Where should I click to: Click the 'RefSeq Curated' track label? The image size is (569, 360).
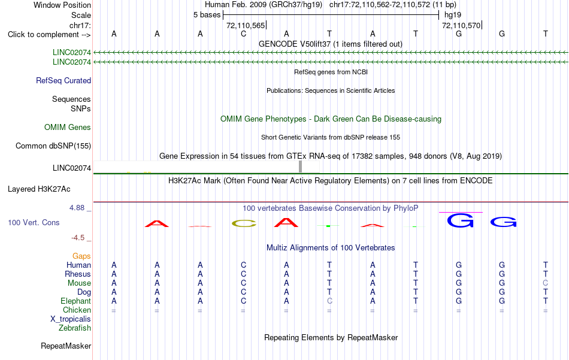(63, 80)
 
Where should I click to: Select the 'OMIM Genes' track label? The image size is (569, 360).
(68, 128)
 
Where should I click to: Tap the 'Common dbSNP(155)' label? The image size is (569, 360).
(53, 146)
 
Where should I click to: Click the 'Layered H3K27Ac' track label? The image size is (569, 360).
(39, 189)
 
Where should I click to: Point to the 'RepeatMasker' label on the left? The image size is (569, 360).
(66, 346)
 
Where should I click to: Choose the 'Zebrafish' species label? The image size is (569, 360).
(75, 328)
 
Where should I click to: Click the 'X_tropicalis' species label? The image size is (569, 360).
(71, 319)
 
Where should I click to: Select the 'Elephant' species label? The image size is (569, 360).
(76, 301)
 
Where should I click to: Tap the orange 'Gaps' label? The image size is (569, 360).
(81, 256)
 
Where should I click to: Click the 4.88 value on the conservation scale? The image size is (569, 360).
(77, 208)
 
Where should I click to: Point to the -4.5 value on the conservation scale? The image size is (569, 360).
(78, 238)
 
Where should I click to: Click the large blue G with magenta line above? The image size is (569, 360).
(460, 220)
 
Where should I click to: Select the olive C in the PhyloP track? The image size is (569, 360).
(244, 223)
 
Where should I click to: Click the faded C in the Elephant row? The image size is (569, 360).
(329, 301)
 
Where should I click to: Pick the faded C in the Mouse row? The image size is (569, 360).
(546, 283)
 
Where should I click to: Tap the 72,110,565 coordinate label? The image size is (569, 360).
(246, 25)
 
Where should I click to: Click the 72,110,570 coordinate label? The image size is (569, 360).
(461, 25)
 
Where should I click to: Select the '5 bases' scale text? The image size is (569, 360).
(207, 15)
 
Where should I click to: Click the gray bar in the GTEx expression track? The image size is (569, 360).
(301, 167)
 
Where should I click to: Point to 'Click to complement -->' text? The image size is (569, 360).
(49, 35)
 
